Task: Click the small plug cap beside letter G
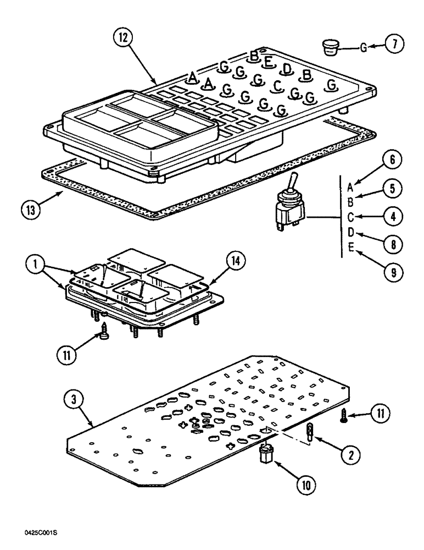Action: [x=330, y=46]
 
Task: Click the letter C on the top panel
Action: [x=278, y=86]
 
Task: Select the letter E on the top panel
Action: [x=269, y=62]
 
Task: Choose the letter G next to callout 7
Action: [x=363, y=48]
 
